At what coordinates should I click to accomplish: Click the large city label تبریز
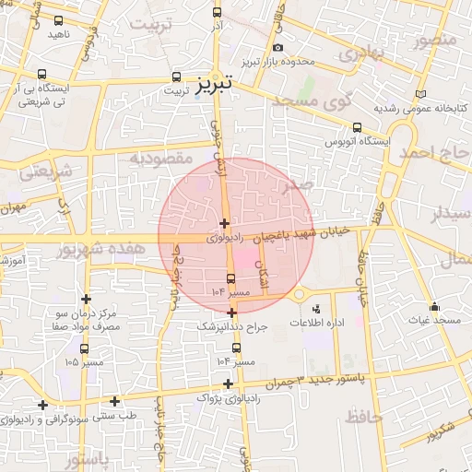(x=215, y=85)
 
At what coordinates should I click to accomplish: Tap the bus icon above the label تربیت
(x=176, y=77)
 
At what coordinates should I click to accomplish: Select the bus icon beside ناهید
(x=60, y=20)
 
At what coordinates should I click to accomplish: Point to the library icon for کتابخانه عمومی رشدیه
(x=420, y=95)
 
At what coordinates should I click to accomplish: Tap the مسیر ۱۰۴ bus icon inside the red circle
(x=230, y=278)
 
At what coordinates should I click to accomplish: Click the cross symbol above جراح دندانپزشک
(x=231, y=313)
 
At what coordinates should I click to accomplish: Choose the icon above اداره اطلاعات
(x=317, y=310)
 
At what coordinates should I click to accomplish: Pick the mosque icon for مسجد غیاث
(x=435, y=306)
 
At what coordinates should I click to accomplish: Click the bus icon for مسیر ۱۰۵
(x=85, y=348)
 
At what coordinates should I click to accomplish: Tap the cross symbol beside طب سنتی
(x=114, y=401)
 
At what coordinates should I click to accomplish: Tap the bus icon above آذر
(x=217, y=13)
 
